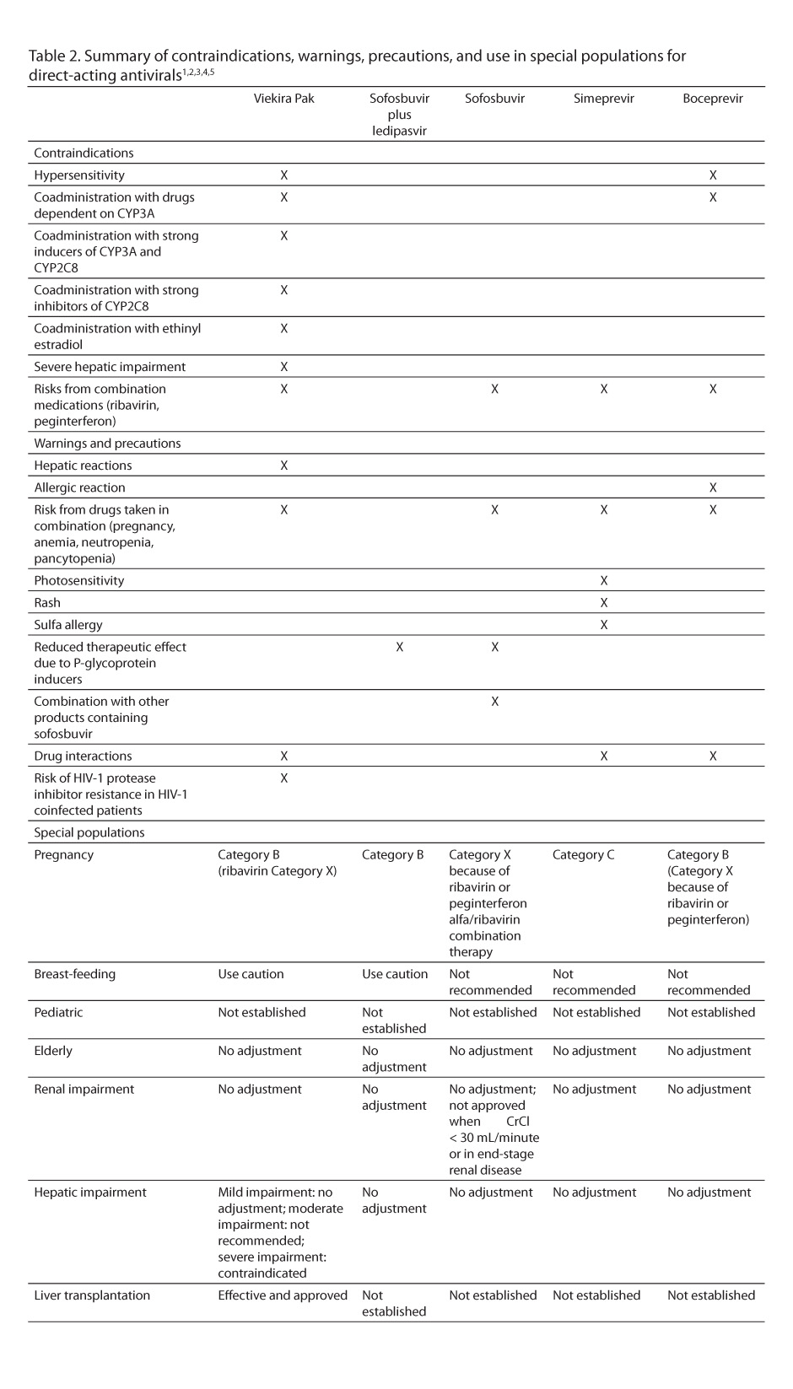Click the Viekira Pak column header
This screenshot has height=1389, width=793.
click(283, 99)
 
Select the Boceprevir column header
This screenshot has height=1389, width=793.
click(713, 99)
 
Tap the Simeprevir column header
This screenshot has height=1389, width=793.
click(603, 99)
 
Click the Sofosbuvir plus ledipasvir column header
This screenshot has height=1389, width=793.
click(399, 115)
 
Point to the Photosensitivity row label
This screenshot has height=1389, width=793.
click(78, 581)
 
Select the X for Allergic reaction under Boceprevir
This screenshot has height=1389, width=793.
click(713, 487)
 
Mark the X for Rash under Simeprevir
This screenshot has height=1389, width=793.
click(603, 603)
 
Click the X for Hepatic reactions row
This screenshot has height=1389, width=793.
click(283, 466)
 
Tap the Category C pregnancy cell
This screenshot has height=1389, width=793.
click(583, 855)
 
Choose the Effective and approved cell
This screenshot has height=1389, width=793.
click(283, 1295)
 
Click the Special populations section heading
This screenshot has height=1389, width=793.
click(89, 833)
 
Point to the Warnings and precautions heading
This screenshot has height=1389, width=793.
click(107, 444)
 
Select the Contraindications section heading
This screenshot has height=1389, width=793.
click(84, 153)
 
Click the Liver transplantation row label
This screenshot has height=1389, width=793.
click(92, 1295)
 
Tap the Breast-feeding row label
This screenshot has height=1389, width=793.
click(74, 974)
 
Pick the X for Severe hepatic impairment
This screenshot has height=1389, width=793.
click(283, 367)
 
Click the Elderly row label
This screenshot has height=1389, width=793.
click(53, 1051)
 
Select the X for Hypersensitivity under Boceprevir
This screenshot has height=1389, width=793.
click(713, 175)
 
